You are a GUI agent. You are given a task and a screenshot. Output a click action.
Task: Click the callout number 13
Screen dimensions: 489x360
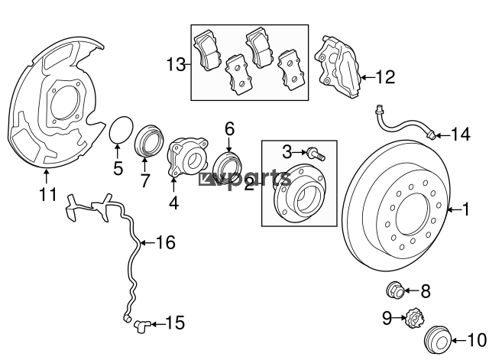pos(176,65)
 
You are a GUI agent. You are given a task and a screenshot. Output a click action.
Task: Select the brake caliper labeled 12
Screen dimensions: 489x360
pos(338,67)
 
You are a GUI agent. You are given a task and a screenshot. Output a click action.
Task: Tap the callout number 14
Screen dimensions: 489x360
pos(461,135)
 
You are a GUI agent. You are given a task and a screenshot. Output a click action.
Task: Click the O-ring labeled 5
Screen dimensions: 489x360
pos(121,130)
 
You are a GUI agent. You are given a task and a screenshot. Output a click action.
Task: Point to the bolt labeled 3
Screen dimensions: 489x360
pos(316,154)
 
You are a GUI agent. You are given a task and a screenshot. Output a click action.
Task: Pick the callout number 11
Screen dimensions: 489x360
pos(48,194)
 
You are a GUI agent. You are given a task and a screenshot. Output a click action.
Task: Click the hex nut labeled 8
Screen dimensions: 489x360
pos(395,290)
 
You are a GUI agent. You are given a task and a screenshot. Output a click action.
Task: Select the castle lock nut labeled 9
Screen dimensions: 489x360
pos(414,318)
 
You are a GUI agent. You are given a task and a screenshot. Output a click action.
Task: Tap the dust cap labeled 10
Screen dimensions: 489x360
pos(438,340)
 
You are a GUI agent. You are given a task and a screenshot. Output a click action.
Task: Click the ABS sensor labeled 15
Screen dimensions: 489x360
pos(142,326)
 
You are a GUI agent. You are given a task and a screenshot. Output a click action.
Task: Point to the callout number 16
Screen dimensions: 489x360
pos(166,242)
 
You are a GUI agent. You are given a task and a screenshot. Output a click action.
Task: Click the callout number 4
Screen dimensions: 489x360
pos(173,203)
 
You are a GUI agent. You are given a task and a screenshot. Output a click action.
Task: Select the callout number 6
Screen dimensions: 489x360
pos(229,129)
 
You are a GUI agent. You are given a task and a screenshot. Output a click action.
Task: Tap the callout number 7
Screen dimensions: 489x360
pos(145,180)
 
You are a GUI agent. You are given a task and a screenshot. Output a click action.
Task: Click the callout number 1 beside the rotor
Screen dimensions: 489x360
pos(465,209)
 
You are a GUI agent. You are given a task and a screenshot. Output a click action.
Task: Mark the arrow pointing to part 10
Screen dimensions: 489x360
pos(459,341)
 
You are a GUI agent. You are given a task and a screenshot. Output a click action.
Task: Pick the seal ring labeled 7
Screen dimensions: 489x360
pos(149,140)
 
